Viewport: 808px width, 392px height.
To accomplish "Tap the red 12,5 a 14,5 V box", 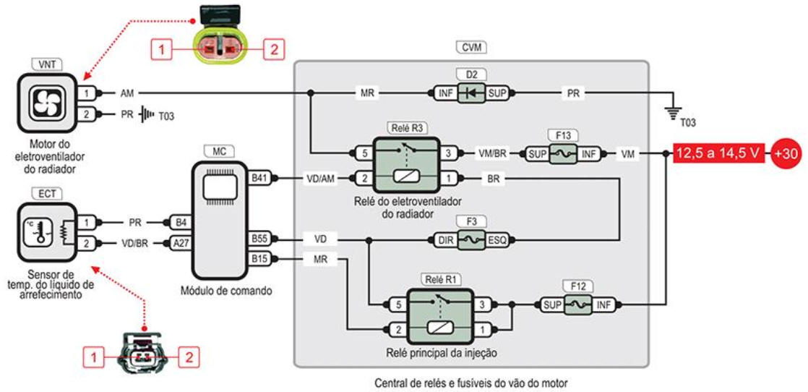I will click(x=718, y=153).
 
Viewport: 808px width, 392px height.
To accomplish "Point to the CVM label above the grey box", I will click(x=471, y=48).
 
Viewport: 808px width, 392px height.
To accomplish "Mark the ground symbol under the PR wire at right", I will click(x=673, y=108).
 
